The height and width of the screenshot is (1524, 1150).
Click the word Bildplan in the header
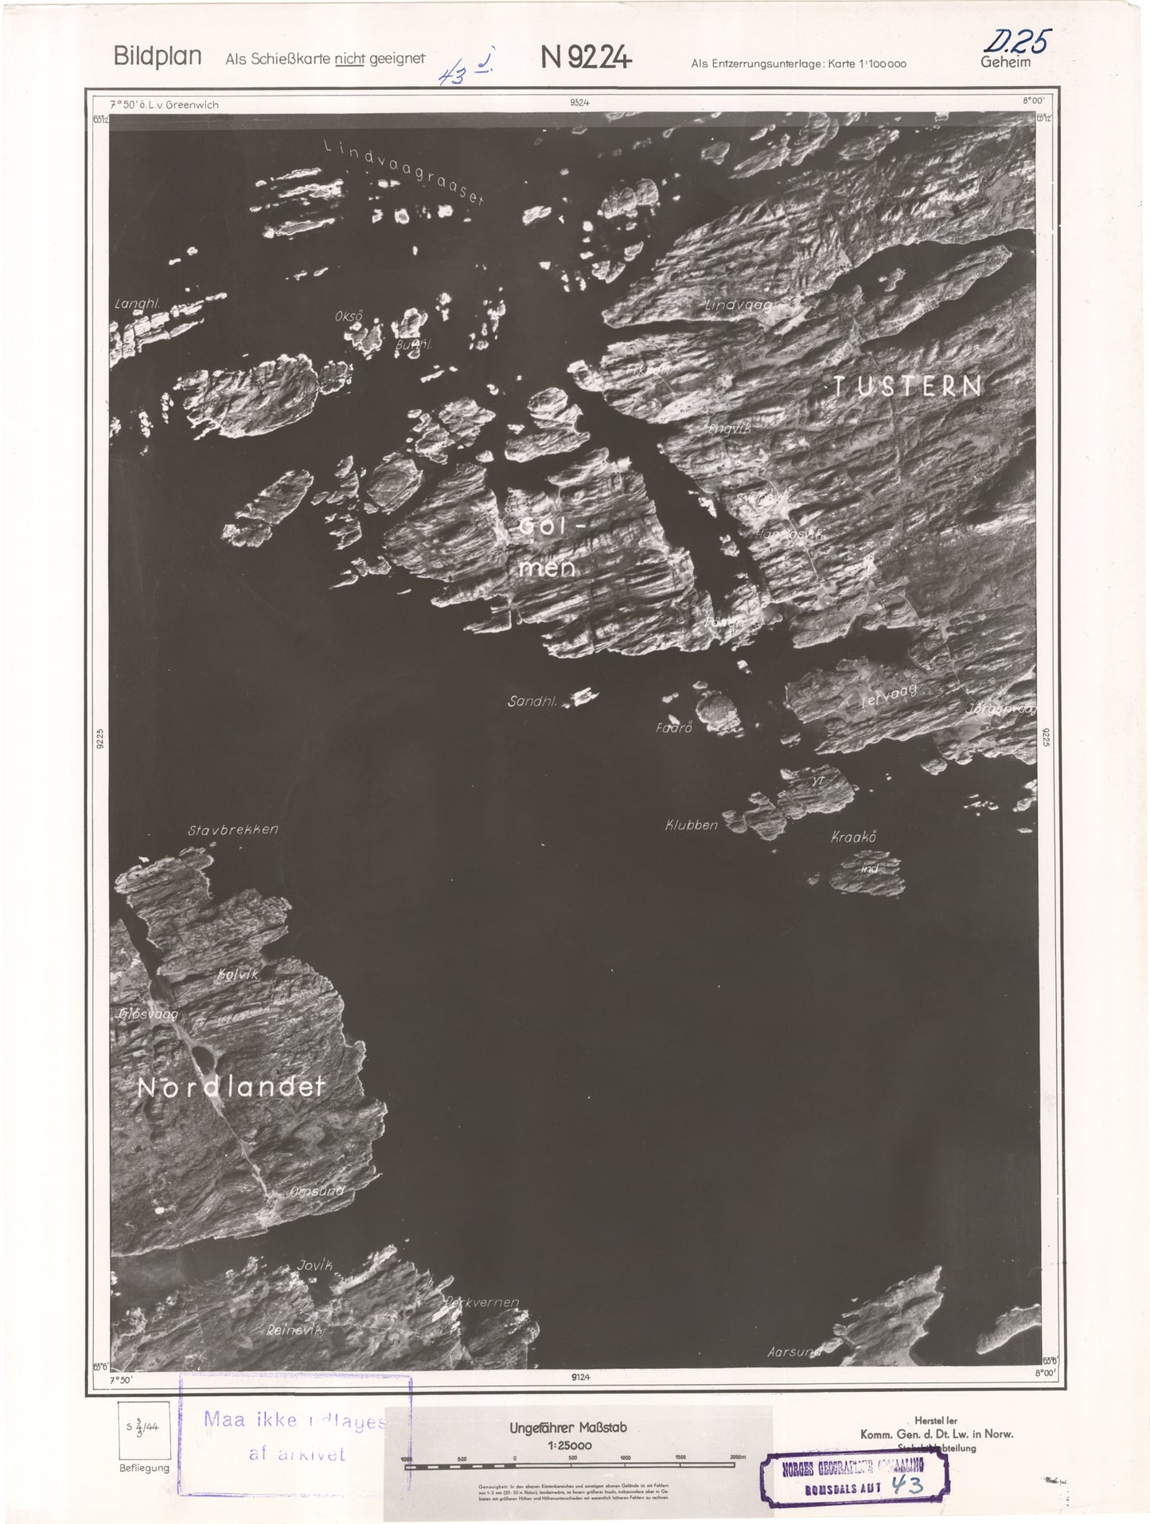tap(157, 56)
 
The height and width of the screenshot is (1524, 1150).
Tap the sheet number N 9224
tap(586, 56)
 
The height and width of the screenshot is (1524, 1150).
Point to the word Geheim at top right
tap(1005, 62)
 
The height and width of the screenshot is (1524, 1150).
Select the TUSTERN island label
tap(906, 387)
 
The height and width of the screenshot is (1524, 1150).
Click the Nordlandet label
tap(232, 1087)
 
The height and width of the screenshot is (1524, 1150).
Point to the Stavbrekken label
tap(233, 830)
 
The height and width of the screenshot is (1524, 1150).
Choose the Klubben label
tap(691, 825)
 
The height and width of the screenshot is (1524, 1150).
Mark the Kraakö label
tap(853, 837)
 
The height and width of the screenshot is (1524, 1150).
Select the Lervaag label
tap(889, 697)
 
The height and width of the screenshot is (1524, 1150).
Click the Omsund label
tap(317, 1191)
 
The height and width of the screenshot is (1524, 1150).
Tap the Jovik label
tap(314, 1265)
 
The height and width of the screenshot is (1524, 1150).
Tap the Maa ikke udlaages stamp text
tap(294, 1421)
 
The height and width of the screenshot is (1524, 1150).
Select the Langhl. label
tap(137, 303)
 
